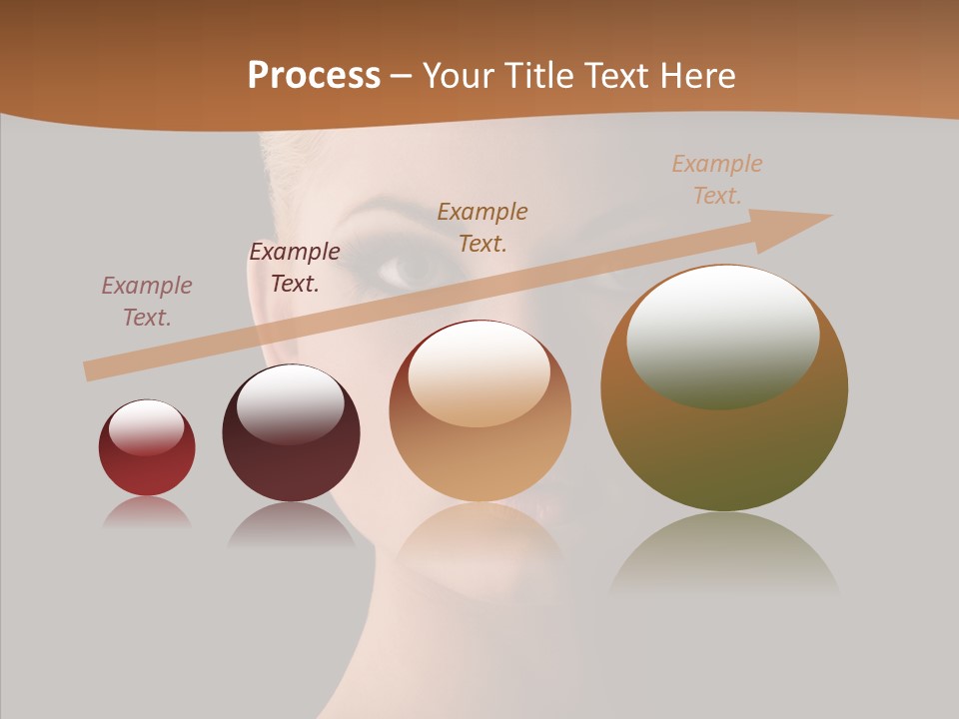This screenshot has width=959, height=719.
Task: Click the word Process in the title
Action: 314,76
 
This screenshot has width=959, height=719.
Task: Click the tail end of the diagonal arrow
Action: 88,371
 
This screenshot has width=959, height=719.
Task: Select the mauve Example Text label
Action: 147,302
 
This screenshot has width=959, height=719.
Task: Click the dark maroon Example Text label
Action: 295,268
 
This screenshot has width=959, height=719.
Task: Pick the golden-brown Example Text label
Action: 482,227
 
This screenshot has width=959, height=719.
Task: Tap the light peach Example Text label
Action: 717,179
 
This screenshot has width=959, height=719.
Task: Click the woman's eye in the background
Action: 413,268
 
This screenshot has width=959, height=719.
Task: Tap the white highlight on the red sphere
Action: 146,427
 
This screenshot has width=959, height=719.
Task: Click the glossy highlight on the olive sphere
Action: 723,335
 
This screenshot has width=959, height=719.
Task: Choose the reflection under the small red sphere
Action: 147,511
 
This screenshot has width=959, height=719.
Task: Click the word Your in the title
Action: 461,76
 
